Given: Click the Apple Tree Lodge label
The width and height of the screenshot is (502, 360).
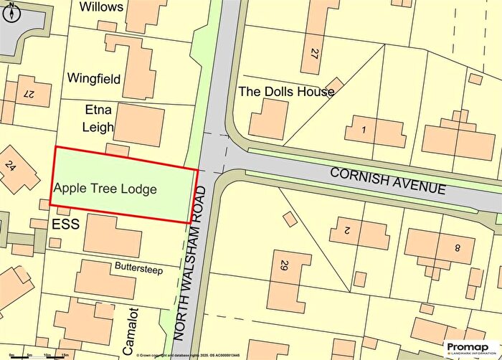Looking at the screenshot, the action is coord(106,189).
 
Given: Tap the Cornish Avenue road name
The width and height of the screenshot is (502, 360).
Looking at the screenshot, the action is coord(388,181).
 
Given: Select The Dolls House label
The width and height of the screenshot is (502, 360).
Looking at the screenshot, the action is coord(286,92).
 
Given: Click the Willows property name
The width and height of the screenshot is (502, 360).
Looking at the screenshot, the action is coord(102,7).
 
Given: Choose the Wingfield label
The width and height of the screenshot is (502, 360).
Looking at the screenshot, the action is coord(93,77).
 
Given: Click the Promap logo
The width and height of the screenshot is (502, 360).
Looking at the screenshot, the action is coord(470,348).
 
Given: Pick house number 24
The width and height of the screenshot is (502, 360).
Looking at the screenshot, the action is coord(10,166).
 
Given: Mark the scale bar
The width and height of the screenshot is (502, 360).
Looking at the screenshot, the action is coord(36,353).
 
